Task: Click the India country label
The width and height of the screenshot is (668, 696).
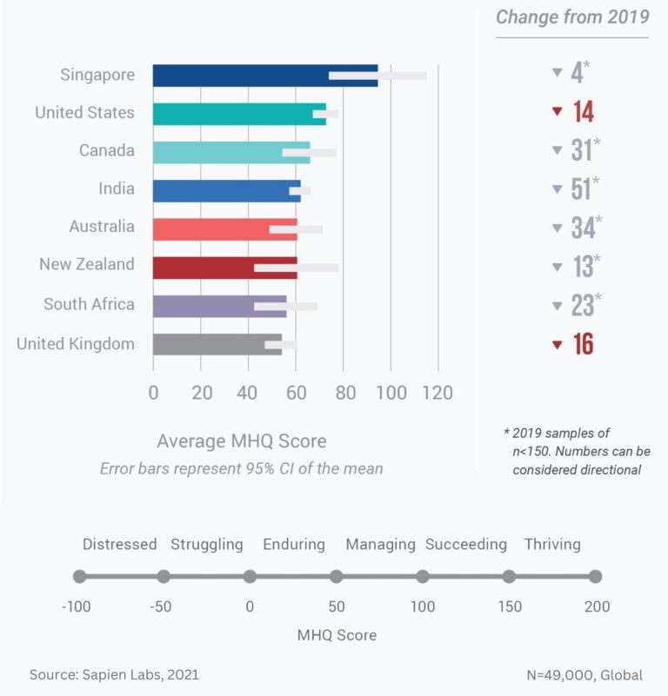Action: [x=117, y=189]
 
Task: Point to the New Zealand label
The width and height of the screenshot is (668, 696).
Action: [x=87, y=264]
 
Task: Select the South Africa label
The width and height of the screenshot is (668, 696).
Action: [x=90, y=304]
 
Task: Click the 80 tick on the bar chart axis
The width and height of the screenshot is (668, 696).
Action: [x=344, y=393]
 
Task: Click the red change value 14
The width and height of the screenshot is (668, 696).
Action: [x=583, y=112]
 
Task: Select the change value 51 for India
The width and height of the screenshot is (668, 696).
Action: [x=582, y=189]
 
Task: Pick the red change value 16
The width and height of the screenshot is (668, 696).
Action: [x=583, y=344]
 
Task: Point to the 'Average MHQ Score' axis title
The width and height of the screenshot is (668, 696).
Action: [x=242, y=441]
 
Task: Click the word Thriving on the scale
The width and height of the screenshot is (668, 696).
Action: [x=551, y=545]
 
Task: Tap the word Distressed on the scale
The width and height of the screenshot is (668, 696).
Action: [x=120, y=545]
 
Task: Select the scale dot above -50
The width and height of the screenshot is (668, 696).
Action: [x=164, y=576]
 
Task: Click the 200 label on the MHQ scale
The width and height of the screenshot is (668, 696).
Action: [x=597, y=607]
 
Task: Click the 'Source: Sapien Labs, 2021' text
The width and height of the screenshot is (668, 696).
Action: [x=120, y=674]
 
